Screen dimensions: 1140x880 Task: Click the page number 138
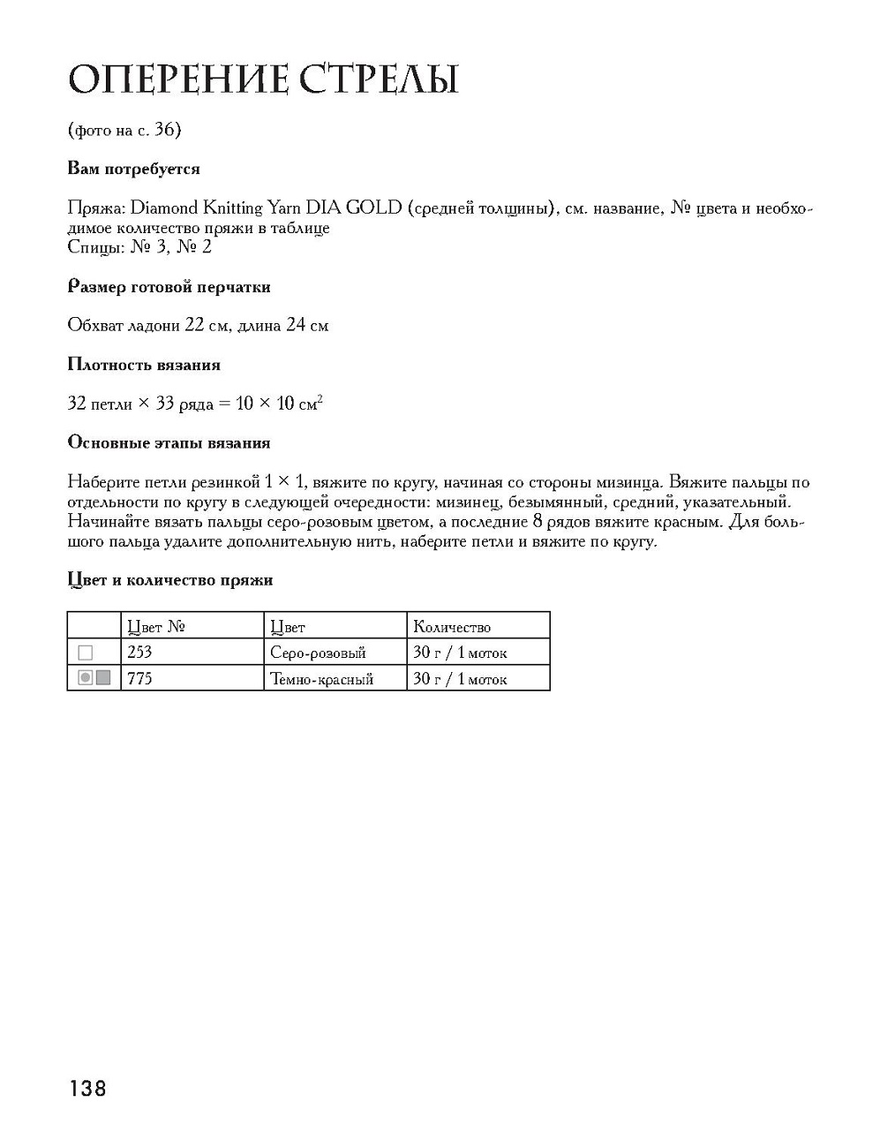tap(86, 1088)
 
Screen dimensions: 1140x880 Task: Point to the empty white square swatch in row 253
tap(86, 653)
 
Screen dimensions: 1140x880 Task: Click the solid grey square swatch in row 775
tap(103, 677)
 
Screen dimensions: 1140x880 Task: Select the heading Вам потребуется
tap(134, 169)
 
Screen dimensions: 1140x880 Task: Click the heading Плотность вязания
tap(144, 365)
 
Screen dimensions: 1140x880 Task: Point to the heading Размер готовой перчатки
tap(169, 287)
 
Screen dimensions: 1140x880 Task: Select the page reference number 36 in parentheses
tap(164, 130)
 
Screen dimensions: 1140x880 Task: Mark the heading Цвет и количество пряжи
tap(170, 580)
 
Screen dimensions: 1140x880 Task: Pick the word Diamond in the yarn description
tap(165, 208)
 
